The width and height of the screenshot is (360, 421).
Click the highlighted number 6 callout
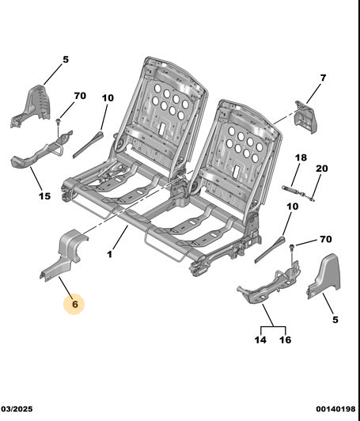[x=74, y=304]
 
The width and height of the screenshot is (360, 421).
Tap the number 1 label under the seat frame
[x=109, y=254]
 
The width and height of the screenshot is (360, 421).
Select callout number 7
[x=323, y=78]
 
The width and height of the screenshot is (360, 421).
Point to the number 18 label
[x=301, y=157]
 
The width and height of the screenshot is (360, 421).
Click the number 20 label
[x=321, y=169]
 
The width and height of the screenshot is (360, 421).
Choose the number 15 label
[x=44, y=196]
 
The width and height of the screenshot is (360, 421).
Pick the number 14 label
[x=260, y=340]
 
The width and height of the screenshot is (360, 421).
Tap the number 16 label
[x=285, y=340]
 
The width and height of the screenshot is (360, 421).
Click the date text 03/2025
[x=17, y=409]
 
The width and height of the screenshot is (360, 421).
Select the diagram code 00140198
[x=335, y=409]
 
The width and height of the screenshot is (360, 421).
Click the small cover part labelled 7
[x=305, y=117]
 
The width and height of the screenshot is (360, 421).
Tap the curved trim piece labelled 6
[x=64, y=254]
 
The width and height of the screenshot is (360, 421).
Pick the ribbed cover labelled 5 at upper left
[x=32, y=104]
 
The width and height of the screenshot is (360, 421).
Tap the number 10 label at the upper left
[x=108, y=98]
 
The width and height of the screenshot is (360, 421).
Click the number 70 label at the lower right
[x=326, y=239]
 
